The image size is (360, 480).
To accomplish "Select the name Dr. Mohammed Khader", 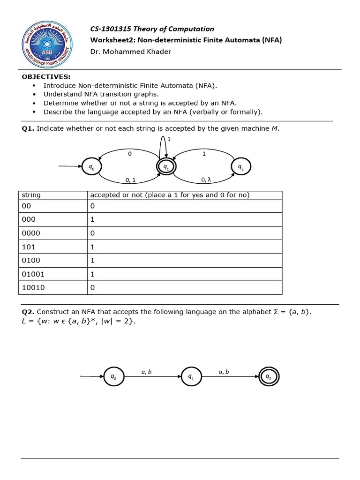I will coord(131,52).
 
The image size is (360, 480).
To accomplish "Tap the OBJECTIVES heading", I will coord(46,77).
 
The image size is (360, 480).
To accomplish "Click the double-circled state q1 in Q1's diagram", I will coord(165,166).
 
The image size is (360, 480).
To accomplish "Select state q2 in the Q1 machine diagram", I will coord(241,166).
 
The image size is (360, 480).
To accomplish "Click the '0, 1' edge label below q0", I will coord(130,180).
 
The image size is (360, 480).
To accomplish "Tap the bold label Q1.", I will coord(28,128).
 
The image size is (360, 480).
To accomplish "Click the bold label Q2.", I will coord(28,312).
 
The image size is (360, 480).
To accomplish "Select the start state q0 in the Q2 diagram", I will coord(113,376).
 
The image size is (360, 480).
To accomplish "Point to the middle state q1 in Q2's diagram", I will coord(191,376).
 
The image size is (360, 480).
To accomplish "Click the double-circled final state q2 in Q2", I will coord(269,376).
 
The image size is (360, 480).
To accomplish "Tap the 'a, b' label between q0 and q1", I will coord(146,372).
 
